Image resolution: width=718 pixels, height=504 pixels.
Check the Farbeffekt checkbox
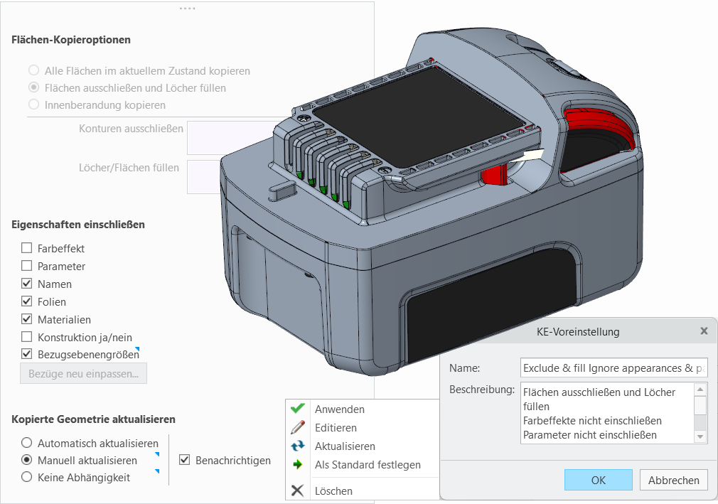coord(26,248)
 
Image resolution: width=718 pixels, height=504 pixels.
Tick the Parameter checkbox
coord(26,266)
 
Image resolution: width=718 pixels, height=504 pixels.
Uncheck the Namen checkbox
coord(26,284)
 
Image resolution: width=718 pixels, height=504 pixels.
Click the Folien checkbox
coord(26,301)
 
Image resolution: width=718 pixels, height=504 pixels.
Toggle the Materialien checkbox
coord(26,319)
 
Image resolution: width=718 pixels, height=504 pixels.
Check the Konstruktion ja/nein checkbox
coord(26,337)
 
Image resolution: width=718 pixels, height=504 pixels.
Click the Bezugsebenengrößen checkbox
coord(26,354)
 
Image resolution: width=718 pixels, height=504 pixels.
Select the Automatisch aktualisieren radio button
coord(26,443)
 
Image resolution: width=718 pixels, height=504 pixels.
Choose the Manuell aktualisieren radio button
coord(26,460)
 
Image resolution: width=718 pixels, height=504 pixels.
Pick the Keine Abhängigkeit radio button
coord(26,477)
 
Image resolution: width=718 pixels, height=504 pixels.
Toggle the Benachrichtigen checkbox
coord(184,460)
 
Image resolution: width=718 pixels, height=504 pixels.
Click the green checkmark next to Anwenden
coord(298,408)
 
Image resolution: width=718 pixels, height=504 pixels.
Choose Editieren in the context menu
coord(336,427)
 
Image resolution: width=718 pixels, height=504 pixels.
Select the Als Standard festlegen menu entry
coord(368,465)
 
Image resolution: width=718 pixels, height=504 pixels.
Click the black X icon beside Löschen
coord(297,490)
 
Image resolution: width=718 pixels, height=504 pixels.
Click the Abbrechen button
coord(674,480)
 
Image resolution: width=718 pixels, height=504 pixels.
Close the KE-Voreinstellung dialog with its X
coord(704,331)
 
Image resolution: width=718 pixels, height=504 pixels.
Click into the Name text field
coord(614,368)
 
